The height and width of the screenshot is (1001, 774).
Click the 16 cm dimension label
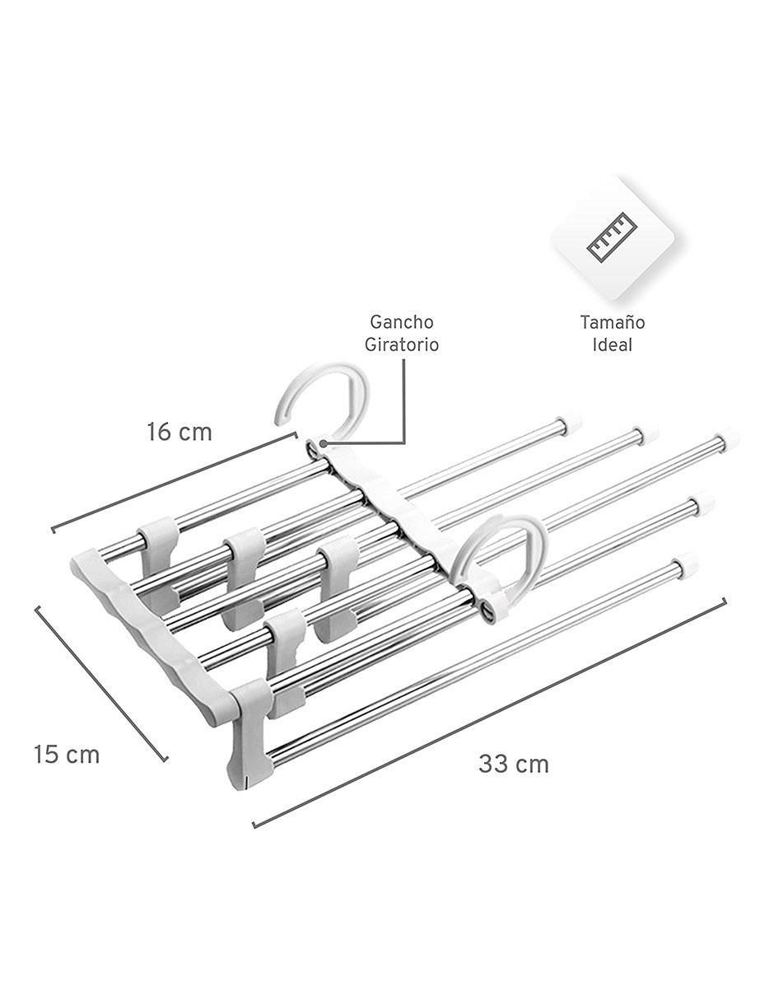(180, 433)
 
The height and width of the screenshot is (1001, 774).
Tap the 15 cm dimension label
(66, 755)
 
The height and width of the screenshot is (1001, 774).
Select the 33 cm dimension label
(514, 764)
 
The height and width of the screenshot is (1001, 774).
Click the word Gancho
(402, 322)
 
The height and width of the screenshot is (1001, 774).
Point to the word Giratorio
(402, 344)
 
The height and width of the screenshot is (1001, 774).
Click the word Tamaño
(612, 322)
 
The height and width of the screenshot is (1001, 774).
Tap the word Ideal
(612, 344)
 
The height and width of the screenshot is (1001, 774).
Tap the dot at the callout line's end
(324, 443)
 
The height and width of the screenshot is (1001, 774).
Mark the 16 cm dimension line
(174, 482)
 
